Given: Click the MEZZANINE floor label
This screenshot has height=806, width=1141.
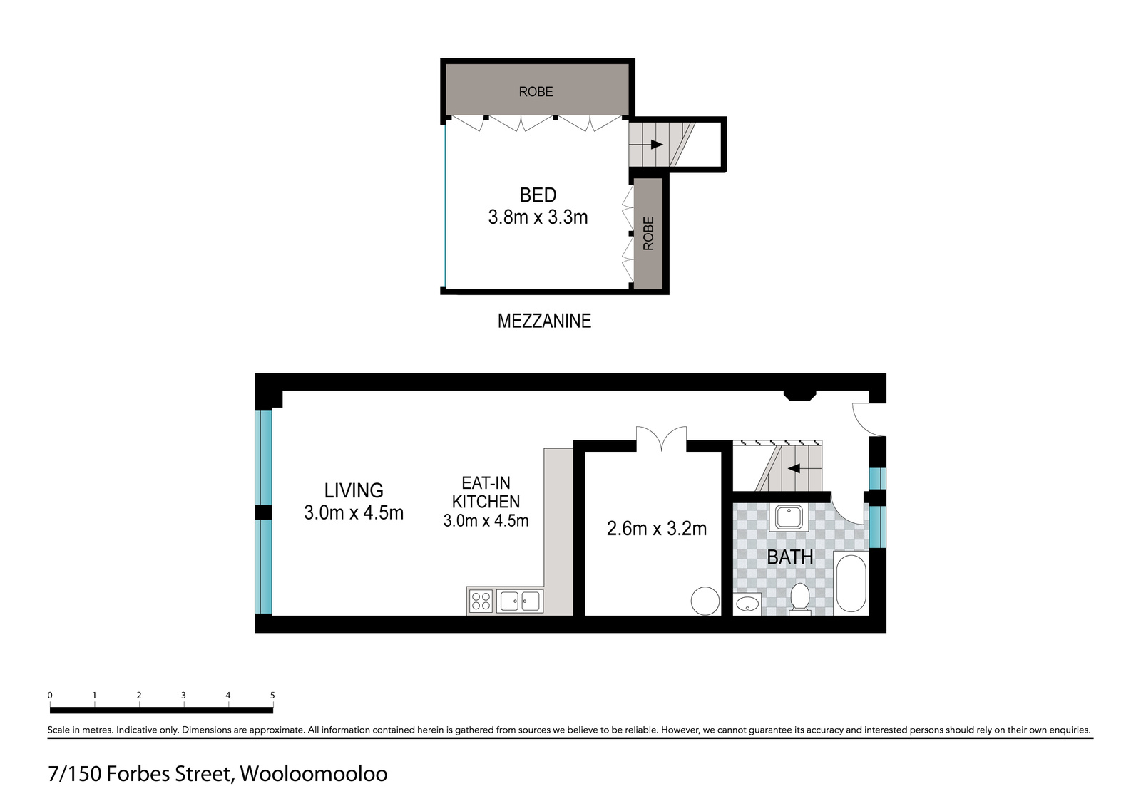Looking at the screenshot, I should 544,321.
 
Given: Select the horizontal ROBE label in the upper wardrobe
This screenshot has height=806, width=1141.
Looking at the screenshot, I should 536,91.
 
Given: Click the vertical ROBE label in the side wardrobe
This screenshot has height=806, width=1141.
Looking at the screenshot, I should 648,233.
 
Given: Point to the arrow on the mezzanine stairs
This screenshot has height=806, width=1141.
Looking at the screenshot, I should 656,145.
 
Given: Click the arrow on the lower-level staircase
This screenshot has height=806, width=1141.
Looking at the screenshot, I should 794,469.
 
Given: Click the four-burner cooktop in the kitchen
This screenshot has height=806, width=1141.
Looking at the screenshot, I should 481,601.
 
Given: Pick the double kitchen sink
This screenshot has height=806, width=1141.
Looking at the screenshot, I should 519,601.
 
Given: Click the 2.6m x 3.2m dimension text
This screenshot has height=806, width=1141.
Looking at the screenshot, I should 656,528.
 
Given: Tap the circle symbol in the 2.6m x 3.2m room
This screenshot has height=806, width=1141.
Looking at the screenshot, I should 705,601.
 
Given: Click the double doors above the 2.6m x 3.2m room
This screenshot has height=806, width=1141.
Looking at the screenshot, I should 662,438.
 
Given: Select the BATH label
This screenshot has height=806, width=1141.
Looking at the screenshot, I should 789,557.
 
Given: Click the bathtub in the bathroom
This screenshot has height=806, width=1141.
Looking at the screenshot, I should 850,584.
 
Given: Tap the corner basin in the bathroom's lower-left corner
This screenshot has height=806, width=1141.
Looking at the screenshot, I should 747,604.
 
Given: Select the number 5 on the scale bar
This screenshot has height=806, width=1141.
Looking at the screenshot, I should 272,695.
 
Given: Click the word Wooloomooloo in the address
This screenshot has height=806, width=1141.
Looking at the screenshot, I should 313,774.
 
